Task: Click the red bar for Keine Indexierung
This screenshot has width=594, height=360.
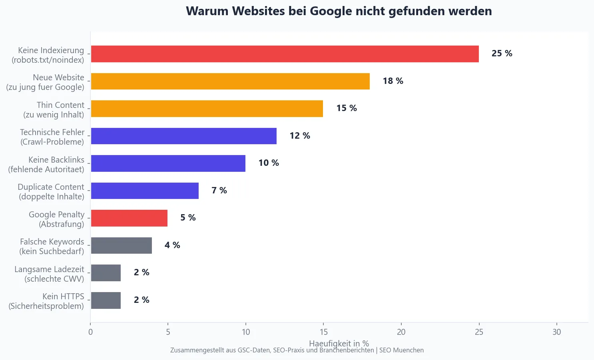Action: click(285, 54)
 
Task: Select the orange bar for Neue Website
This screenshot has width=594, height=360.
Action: click(230, 81)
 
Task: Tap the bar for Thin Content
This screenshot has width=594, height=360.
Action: click(207, 109)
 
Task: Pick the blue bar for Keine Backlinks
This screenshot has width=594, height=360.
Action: click(168, 163)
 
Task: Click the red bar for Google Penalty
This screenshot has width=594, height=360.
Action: click(129, 218)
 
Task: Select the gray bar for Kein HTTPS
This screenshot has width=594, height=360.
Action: click(106, 300)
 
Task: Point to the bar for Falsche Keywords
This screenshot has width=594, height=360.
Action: click(121, 245)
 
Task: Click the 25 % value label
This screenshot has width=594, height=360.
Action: click(502, 54)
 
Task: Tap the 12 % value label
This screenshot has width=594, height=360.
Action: click(300, 136)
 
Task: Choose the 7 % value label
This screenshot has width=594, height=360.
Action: click(219, 191)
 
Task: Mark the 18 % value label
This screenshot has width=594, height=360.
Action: click(393, 81)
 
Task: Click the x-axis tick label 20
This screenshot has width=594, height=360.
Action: click(401, 332)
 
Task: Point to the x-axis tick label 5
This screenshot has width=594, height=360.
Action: click(168, 332)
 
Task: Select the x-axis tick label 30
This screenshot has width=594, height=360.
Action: click(556, 332)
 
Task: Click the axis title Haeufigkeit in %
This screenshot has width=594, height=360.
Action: click(339, 343)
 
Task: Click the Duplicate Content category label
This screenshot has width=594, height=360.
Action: click(51, 192)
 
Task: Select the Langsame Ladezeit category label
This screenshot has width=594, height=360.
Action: click(50, 274)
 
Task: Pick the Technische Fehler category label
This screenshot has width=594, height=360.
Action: click(52, 137)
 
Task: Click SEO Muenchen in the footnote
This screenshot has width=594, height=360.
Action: click(401, 350)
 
